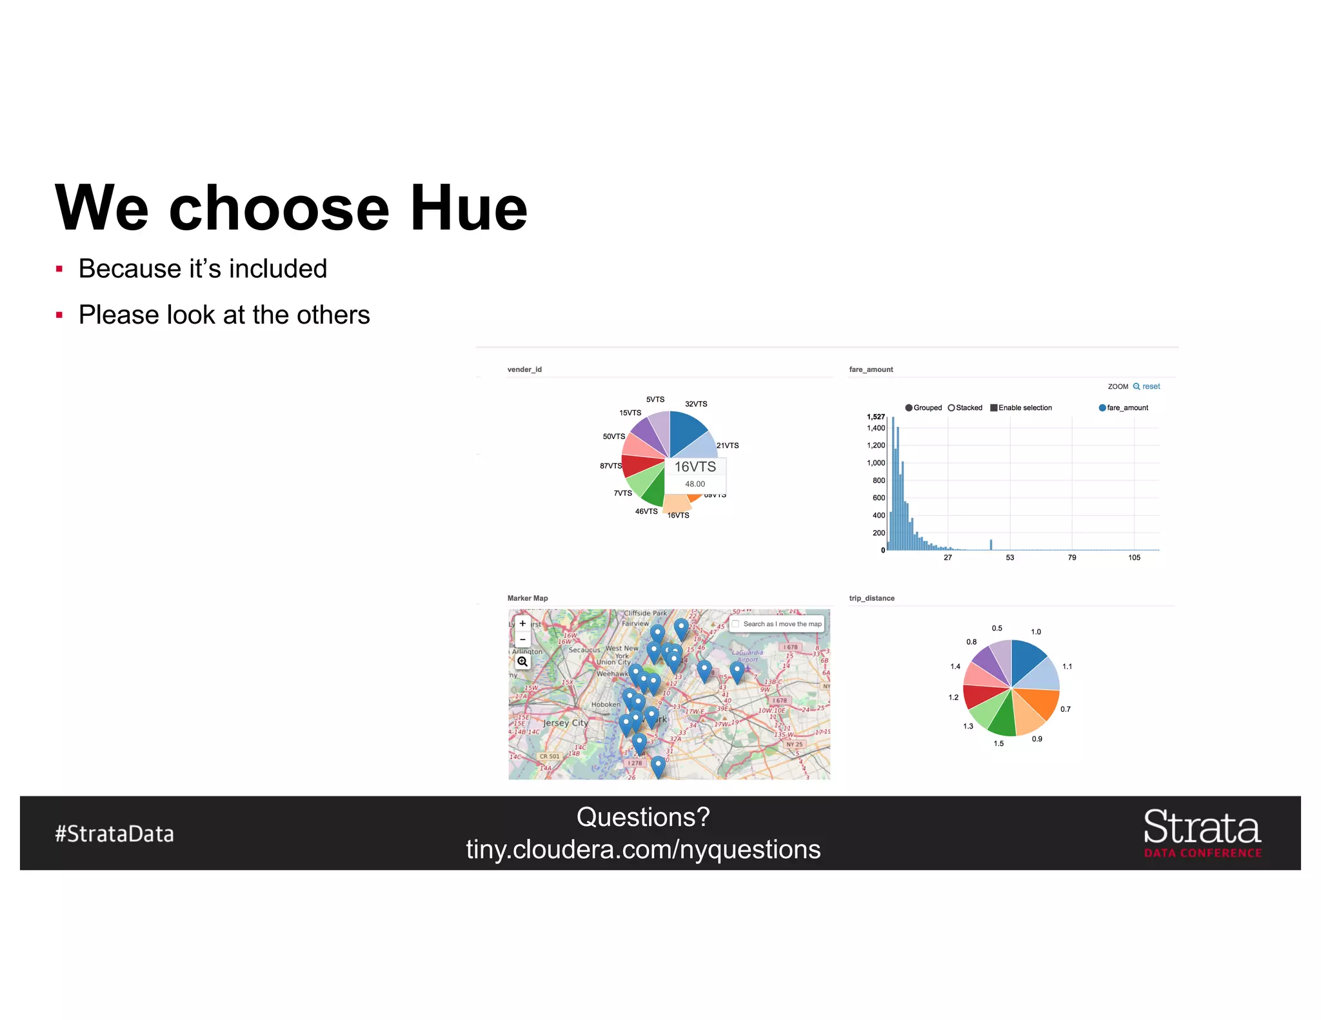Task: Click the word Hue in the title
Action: point(469,208)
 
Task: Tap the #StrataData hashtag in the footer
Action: point(114,834)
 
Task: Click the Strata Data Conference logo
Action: point(1202,833)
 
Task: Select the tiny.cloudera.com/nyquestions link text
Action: point(643,849)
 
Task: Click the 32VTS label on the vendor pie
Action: point(696,404)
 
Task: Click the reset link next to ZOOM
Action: point(1151,387)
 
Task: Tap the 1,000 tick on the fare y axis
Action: point(876,463)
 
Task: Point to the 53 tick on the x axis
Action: point(1010,558)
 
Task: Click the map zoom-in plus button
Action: point(522,623)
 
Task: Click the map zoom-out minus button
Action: point(522,640)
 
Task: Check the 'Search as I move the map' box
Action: point(735,624)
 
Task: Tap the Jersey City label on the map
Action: point(565,723)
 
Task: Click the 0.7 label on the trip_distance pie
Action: point(1066,709)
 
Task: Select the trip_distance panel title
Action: point(871,598)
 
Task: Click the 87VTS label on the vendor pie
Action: point(610,466)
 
